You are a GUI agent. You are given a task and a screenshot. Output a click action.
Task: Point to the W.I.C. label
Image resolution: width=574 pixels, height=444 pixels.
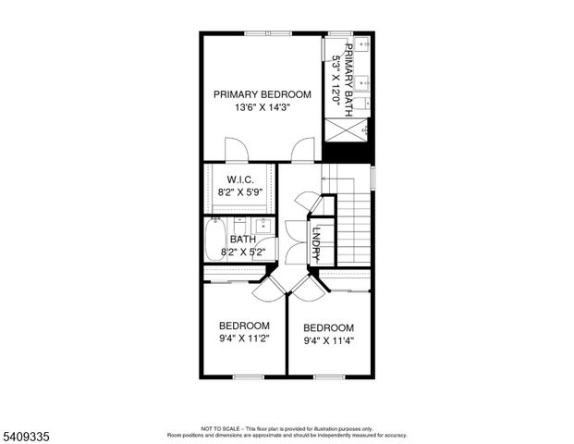(x=239, y=179)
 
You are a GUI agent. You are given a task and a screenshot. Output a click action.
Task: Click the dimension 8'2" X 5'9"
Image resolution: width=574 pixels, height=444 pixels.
(x=239, y=192)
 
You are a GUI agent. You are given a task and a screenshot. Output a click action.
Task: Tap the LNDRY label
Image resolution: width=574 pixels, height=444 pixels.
(x=316, y=241)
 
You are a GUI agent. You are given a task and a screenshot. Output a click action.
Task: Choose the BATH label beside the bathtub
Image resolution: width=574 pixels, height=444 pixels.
(x=243, y=239)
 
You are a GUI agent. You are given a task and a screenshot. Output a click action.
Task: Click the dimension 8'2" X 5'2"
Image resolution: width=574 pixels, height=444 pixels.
(x=242, y=251)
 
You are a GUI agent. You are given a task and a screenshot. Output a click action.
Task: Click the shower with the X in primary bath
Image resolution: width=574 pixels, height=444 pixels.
(x=348, y=130)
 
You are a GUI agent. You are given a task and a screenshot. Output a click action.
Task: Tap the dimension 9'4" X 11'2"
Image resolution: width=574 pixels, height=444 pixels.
(x=244, y=339)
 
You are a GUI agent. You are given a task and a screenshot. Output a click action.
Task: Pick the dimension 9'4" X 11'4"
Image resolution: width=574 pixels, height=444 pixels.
(x=329, y=340)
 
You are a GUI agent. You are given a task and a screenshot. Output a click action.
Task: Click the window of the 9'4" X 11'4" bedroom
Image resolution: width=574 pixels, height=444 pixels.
(x=330, y=376)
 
